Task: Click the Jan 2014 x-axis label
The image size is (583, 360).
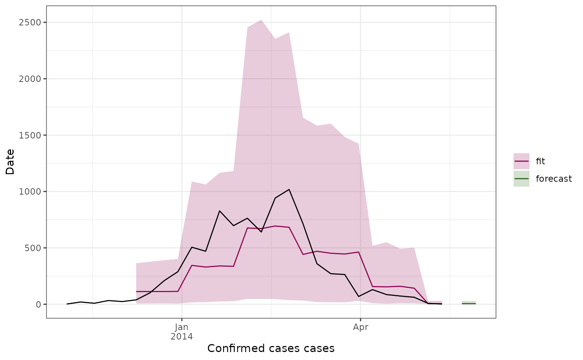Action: pyautogui.click(x=182, y=332)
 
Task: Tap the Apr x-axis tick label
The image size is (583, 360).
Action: pyautogui.click(x=361, y=327)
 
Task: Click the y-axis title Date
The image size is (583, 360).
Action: pyautogui.click(x=10, y=162)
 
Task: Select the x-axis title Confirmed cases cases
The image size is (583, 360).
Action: pyautogui.click(x=271, y=348)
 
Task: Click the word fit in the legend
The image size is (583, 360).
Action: pyautogui.click(x=540, y=161)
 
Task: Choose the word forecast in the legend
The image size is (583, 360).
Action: pyautogui.click(x=554, y=179)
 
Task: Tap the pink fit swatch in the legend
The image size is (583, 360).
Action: pyautogui.click(x=522, y=161)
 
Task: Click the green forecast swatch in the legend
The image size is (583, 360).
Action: pyautogui.click(x=522, y=179)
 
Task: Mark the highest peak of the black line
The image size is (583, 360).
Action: pyautogui.click(x=289, y=189)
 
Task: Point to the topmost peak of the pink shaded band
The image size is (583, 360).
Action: pyautogui.click(x=261, y=20)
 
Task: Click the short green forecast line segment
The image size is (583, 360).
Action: pyautogui.click(x=469, y=303)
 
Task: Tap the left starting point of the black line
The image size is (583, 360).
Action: pyautogui.click(x=67, y=304)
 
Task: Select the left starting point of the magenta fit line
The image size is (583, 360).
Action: pyautogui.click(x=136, y=292)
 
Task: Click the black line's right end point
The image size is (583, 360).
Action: pyautogui.click(x=441, y=304)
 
